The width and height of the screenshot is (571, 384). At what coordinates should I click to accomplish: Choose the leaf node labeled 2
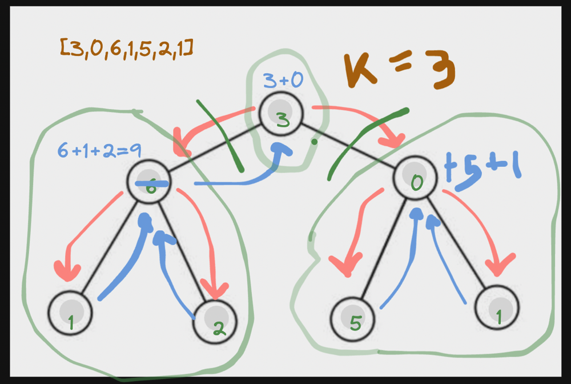(x=215, y=319)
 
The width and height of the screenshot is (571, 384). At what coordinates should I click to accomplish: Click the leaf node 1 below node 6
(x=70, y=313)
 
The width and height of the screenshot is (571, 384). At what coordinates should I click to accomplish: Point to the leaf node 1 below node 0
(x=497, y=307)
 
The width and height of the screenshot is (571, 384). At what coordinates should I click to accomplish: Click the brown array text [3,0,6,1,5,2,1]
(x=126, y=49)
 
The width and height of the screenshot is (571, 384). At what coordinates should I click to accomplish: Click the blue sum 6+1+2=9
(x=100, y=150)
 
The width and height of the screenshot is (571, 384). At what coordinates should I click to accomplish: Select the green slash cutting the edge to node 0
(x=365, y=143)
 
